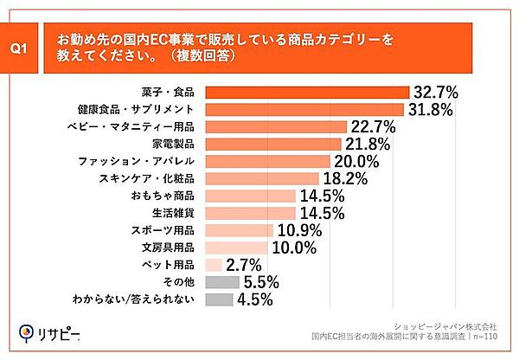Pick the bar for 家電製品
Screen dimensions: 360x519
click(272, 144)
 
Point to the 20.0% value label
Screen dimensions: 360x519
click(356, 161)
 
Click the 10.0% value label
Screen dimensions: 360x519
click(294, 247)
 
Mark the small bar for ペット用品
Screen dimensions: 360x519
click(213, 265)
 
